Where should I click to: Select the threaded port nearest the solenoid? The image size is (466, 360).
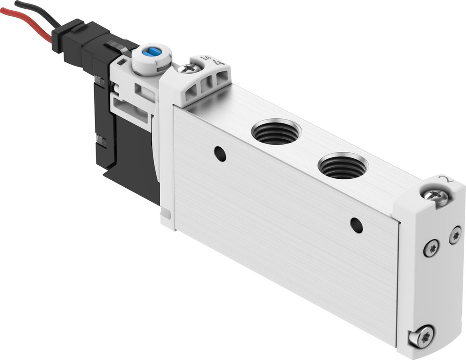275,132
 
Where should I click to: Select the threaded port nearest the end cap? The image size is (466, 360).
343,166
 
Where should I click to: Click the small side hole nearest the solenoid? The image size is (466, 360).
220,154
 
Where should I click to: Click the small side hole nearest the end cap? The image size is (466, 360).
356,225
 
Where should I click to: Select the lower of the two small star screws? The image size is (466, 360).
432,248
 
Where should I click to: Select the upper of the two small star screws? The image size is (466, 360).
455,235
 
